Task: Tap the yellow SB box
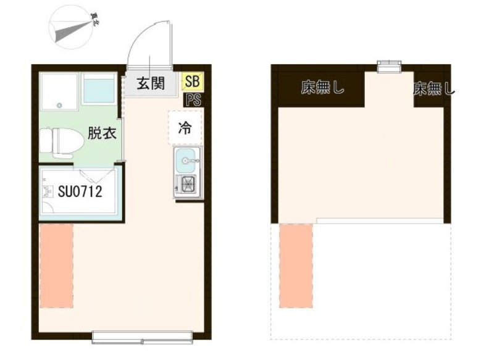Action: pos(192,82)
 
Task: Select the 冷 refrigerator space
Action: pos(184,128)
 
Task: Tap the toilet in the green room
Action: pos(62,143)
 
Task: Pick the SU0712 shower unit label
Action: pos(80,191)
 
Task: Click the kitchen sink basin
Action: pos(186,162)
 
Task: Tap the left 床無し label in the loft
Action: pos(322,88)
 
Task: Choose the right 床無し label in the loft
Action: pos(433,90)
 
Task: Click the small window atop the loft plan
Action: pos(389,64)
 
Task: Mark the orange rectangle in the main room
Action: pos(56,266)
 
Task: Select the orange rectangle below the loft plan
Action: pos(296,266)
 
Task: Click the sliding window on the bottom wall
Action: pos(142,337)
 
